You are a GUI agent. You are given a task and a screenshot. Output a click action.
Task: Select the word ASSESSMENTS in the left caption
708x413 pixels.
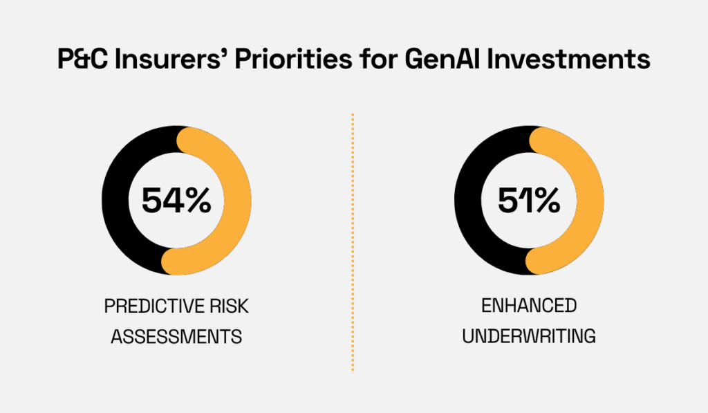click(176, 337)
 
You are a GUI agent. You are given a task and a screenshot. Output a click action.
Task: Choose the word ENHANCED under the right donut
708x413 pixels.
click(529, 306)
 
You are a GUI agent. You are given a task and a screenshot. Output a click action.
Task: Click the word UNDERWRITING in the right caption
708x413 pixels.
click(529, 337)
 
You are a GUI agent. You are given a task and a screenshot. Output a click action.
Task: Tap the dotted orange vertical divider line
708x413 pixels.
click(353, 242)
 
